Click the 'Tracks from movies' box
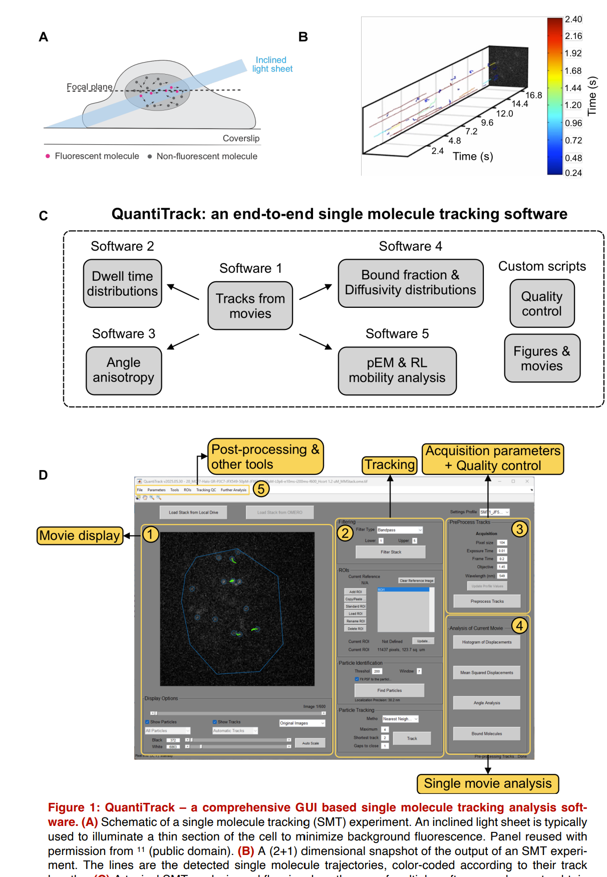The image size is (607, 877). coord(250,306)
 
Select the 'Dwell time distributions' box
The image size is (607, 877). coord(122,283)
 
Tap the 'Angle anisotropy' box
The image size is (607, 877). coord(124,370)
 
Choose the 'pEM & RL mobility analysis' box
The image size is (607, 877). coord(397,370)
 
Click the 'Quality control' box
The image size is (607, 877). coord(541,304)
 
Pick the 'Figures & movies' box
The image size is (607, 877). coord(541,358)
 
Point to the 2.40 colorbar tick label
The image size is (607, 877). coord(573,20)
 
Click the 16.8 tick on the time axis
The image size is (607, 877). coord(533,95)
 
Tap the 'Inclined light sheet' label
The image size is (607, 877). coord(272,65)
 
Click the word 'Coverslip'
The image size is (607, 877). coord(241,138)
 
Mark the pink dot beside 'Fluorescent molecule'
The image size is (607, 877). coord(48,156)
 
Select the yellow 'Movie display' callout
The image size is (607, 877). coord(80,536)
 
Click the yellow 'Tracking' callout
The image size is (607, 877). coord(390,465)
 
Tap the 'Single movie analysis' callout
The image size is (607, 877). coord(487,783)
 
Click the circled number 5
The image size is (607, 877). coord(261,489)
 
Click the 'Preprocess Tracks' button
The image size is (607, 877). coord(487,601)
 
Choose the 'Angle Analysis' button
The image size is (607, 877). coord(486,703)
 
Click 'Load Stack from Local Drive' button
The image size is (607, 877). coord(193,512)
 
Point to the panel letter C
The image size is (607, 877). coord(44,216)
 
